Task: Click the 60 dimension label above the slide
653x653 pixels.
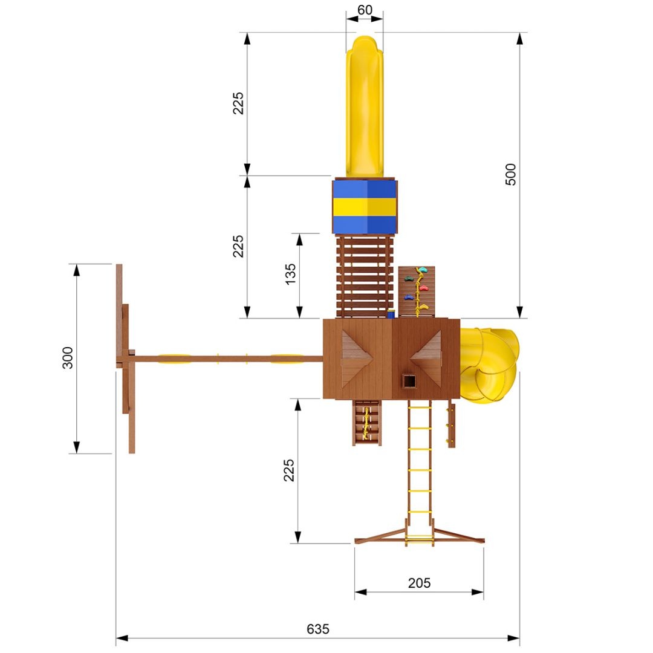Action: pos(365,10)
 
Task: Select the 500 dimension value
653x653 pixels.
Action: pos(510,175)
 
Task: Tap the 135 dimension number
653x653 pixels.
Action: pos(290,274)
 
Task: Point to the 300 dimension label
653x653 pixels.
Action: pos(68,358)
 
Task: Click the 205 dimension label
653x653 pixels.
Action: pos(419,583)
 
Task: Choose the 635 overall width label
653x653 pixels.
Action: pos(318,629)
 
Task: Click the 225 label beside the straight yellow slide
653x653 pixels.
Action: pos(238,103)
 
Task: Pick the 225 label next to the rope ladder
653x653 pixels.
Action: pos(288,470)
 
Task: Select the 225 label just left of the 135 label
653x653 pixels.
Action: pos(238,246)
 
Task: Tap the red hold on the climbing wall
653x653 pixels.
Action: pos(423,288)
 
